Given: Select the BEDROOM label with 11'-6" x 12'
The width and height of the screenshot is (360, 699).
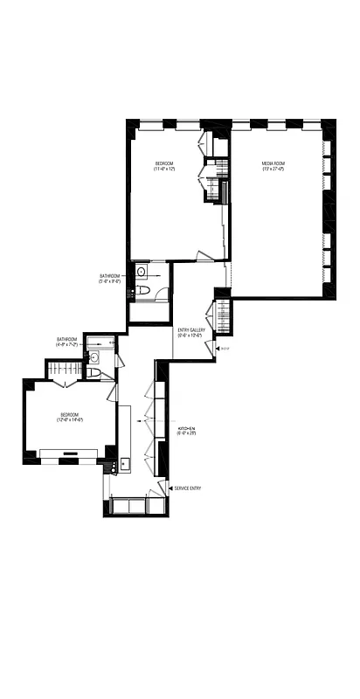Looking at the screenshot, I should (x=164, y=163).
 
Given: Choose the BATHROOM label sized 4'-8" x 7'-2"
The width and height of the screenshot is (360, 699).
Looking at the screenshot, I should (x=67, y=339).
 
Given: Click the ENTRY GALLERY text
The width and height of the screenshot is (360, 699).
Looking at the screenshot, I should (x=190, y=329).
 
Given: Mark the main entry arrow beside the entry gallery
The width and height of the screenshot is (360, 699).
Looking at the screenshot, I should (x=216, y=349).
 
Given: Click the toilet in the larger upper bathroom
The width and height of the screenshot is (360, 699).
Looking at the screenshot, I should (x=146, y=290).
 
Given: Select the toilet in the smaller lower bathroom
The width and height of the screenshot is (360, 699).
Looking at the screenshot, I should (x=93, y=373).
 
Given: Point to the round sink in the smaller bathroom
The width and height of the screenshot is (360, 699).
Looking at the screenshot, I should (x=93, y=357).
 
